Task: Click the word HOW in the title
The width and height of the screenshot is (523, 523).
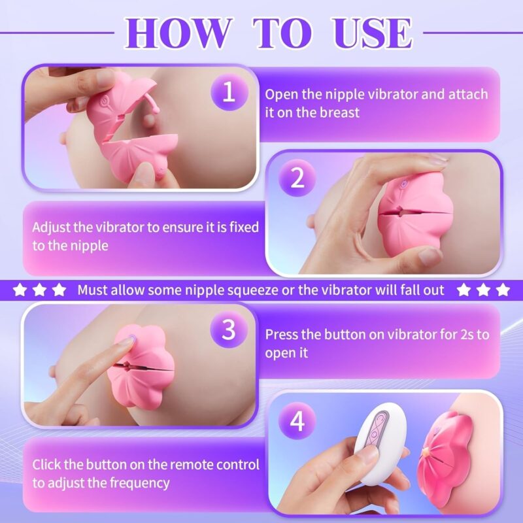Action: coord(178,33)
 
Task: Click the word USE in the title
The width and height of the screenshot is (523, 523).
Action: coord(372,33)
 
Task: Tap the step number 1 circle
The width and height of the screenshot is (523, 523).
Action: coord(229,92)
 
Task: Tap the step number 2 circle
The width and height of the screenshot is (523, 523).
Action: coord(297,177)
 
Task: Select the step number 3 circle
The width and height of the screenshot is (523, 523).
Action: coord(229,330)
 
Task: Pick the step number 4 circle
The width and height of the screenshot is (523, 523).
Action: coord(297,421)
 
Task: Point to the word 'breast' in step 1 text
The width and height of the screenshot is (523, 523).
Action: coord(339,112)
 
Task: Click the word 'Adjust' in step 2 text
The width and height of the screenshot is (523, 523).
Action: coord(51,228)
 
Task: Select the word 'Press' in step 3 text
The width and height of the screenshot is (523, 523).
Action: coord(281,335)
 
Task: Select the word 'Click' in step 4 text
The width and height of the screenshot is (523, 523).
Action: coord(46,465)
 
